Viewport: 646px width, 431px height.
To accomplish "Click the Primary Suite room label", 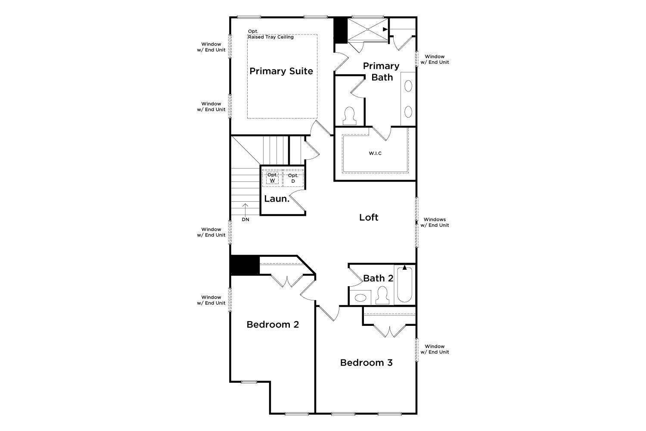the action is pos(281,71).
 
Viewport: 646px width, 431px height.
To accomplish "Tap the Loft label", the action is pos(369,217).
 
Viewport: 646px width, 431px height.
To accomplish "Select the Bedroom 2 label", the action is pos(273,325).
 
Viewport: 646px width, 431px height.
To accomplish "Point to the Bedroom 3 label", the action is pos(366,362).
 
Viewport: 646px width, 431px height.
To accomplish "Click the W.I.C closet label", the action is pos(375,153).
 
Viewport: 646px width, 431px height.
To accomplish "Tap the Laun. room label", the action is pos(276,199).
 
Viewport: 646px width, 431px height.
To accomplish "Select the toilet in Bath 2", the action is pos(382,295).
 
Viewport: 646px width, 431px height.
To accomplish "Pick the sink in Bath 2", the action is pos(360,298).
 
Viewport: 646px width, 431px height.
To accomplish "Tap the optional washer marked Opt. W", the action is pos(272,178).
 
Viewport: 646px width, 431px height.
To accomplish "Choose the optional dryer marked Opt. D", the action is pos(293,178).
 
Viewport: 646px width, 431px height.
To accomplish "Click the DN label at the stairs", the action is pos(245,219).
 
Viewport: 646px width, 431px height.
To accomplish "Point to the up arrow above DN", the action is pos(245,209).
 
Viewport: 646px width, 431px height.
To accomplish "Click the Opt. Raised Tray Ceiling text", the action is pos(270,34).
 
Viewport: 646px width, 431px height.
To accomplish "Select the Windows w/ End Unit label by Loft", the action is pos(435,222).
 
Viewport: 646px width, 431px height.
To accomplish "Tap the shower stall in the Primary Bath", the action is pos(368,29).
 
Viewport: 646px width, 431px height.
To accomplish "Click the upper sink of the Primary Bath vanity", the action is pos(408,86).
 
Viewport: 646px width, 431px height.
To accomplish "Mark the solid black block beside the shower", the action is pos(340,31).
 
